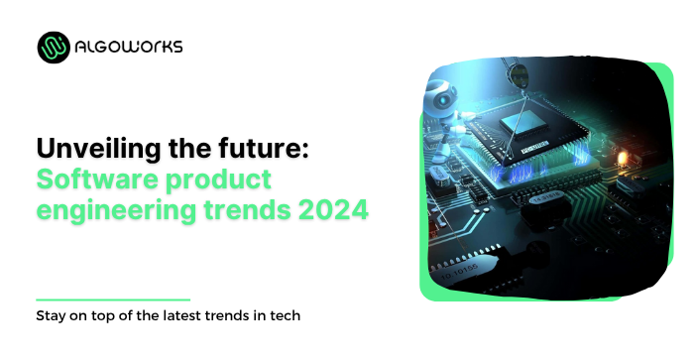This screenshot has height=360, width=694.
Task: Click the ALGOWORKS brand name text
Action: (x=126, y=47)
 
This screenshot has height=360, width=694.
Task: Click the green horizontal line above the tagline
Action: (x=112, y=299)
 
